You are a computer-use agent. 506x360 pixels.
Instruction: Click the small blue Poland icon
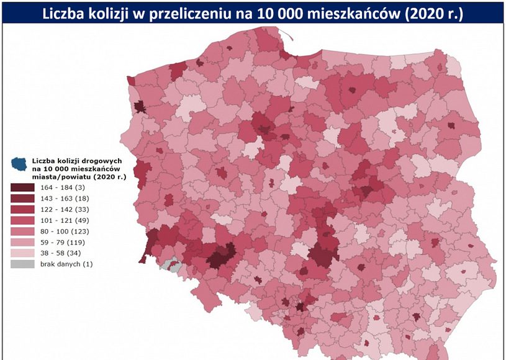pos(19,164)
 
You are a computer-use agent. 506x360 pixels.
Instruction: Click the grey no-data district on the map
pos(174,266)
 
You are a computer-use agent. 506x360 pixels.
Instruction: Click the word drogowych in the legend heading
pos(96,161)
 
